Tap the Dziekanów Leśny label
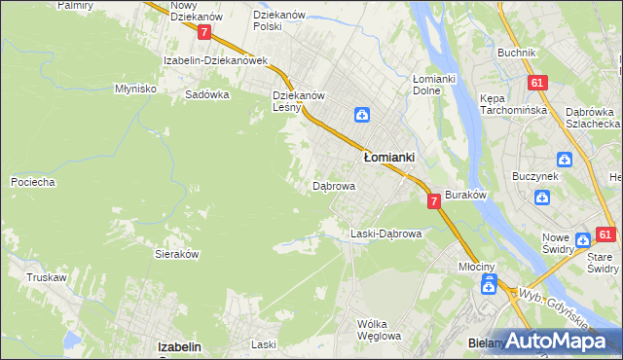tap(298, 101)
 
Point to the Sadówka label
tap(207, 94)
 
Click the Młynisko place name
tap(135, 89)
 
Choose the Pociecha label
tap(32, 182)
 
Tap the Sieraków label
tap(177, 253)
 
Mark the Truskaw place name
tap(46, 277)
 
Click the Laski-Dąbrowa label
tap(385, 234)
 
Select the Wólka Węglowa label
tap(379, 330)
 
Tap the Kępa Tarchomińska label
tap(510, 104)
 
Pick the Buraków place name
tap(465, 195)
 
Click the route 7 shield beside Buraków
tap(435, 200)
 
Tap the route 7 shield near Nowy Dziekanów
tap(203, 31)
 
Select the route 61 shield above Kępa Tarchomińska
tap(536, 84)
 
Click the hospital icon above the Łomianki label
tap(361, 115)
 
